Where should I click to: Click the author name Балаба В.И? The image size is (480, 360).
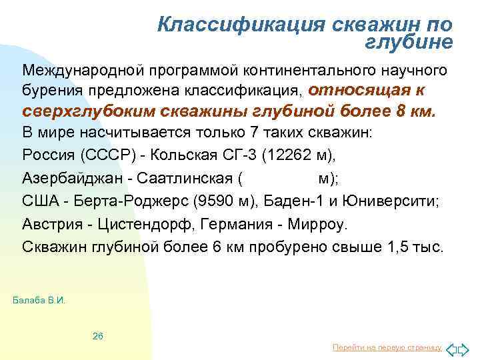tap(40, 301)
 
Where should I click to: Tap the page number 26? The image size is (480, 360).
tap(97, 336)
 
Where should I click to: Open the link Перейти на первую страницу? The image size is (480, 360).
tap(387, 348)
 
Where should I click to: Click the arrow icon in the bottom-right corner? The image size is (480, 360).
tap(458, 348)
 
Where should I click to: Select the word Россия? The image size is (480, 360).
tap(48, 155)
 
